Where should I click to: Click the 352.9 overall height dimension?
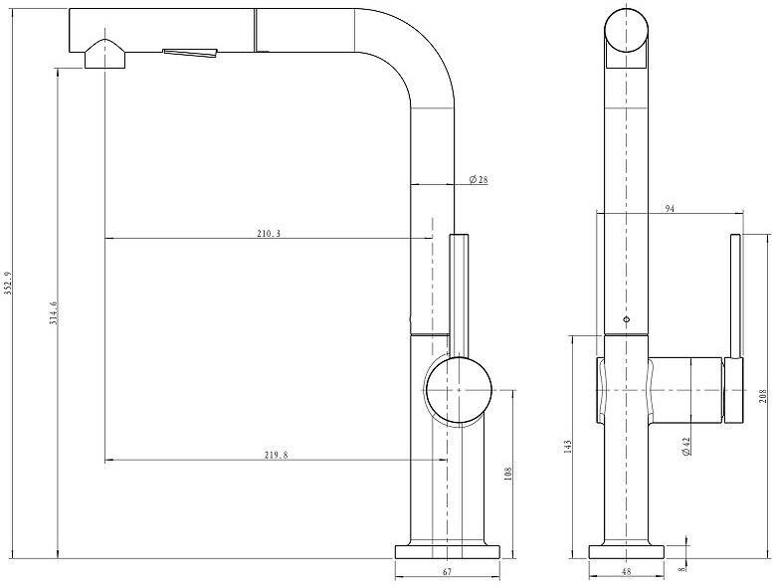7,284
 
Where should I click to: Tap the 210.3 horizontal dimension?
269,234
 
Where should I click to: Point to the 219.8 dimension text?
276,455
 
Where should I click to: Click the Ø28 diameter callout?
479,179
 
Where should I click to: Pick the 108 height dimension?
508,474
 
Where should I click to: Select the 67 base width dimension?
447,572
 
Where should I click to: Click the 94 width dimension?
670,208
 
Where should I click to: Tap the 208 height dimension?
763,396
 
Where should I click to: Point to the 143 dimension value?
568,446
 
